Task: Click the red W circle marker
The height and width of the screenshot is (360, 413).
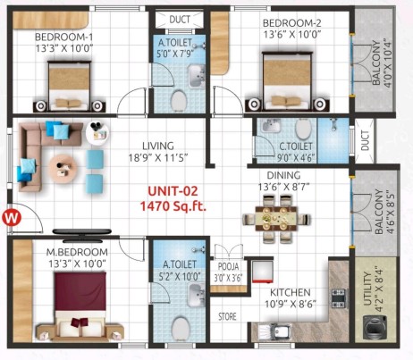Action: pos(12,218)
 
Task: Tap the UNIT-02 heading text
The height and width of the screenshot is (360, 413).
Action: pos(173,191)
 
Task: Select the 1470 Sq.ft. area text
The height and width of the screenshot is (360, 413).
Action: pos(173,205)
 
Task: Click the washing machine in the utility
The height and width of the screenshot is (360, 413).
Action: pos(375,327)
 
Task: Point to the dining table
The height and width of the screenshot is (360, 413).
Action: pos(276,219)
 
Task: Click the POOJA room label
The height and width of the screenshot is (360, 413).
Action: pos(228,266)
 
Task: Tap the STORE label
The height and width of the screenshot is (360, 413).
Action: pos(227,316)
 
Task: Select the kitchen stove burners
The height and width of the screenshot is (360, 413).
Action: pos(338,298)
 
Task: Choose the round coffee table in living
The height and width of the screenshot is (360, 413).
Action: pos(63,167)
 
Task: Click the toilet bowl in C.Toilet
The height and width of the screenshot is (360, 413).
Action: pos(303,129)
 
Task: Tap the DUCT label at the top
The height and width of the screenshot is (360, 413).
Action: pos(180,20)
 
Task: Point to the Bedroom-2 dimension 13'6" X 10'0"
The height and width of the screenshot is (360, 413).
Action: pos(291,34)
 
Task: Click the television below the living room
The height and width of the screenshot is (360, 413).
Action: pos(82,232)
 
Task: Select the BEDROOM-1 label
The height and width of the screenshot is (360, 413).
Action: pos(63,38)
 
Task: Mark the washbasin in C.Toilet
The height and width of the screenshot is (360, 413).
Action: pos(271,125)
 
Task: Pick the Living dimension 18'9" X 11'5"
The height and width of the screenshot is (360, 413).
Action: pos(158,157)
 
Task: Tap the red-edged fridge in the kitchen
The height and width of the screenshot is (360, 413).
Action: pos(263,272)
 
